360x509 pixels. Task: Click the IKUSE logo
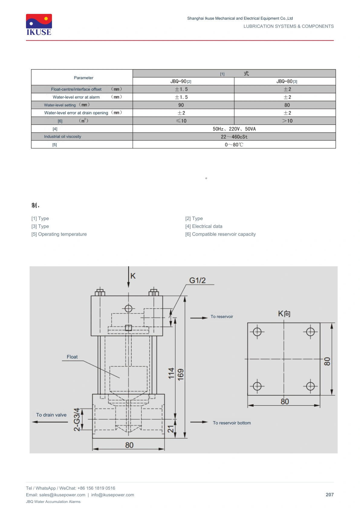tap(39, 25)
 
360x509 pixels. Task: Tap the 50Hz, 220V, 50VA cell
tap(234, 129)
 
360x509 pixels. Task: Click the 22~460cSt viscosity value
tap(234, 137)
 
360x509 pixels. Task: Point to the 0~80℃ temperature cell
tap(234, 145)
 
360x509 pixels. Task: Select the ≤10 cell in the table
tap(181, 121)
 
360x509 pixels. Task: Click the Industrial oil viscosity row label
tap(63, 137)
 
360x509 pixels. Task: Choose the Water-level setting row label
tap(60, 105)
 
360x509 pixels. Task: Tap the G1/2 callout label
tap(197, 280)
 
